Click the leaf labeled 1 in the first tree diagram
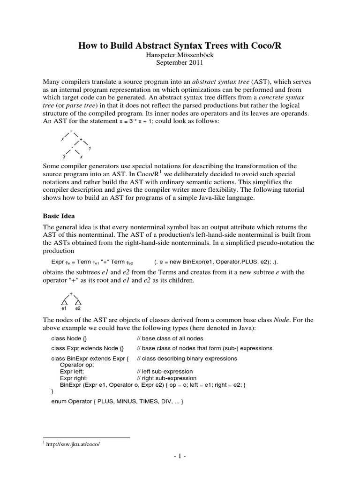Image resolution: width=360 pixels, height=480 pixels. click(90, 149)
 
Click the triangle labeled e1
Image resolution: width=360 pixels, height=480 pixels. click(64, 301)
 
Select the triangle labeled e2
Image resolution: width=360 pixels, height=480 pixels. click(78, 301)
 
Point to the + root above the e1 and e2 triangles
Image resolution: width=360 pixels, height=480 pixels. click(71, 293)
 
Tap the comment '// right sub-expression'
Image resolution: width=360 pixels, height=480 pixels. click(166, 378)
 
